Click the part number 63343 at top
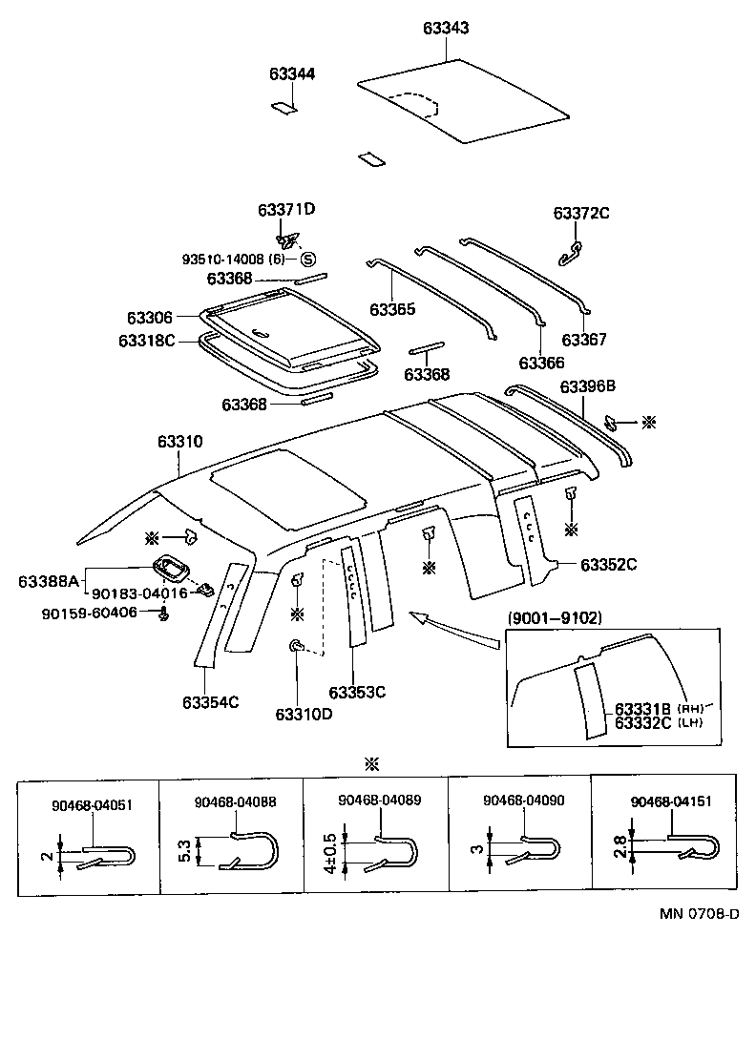coord(446,29)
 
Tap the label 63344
coord(292,73)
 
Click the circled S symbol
coord(307,259)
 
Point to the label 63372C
coord(580,213)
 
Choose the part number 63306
coord(149,317)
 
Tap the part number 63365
coord(392,309)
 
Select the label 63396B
coord(587,385)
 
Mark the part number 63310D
coord(304,714)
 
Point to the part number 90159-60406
coord(89,612)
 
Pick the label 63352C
coord(608,564)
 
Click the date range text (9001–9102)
coord(555,617)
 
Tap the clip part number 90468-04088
coord(235,802)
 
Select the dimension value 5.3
coord(183,850)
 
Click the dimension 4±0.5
coord(330,850)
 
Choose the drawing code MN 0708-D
coord(699,913)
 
